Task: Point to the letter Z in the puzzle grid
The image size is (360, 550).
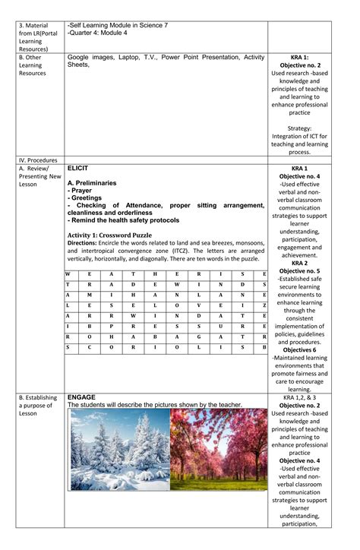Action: pos(264,305)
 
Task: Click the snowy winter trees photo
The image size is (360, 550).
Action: pos(118,450)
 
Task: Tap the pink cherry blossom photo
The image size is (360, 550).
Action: pos(219,450)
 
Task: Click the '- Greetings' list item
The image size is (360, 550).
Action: pos(87,198)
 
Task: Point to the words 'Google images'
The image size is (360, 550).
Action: pos(90,57)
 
